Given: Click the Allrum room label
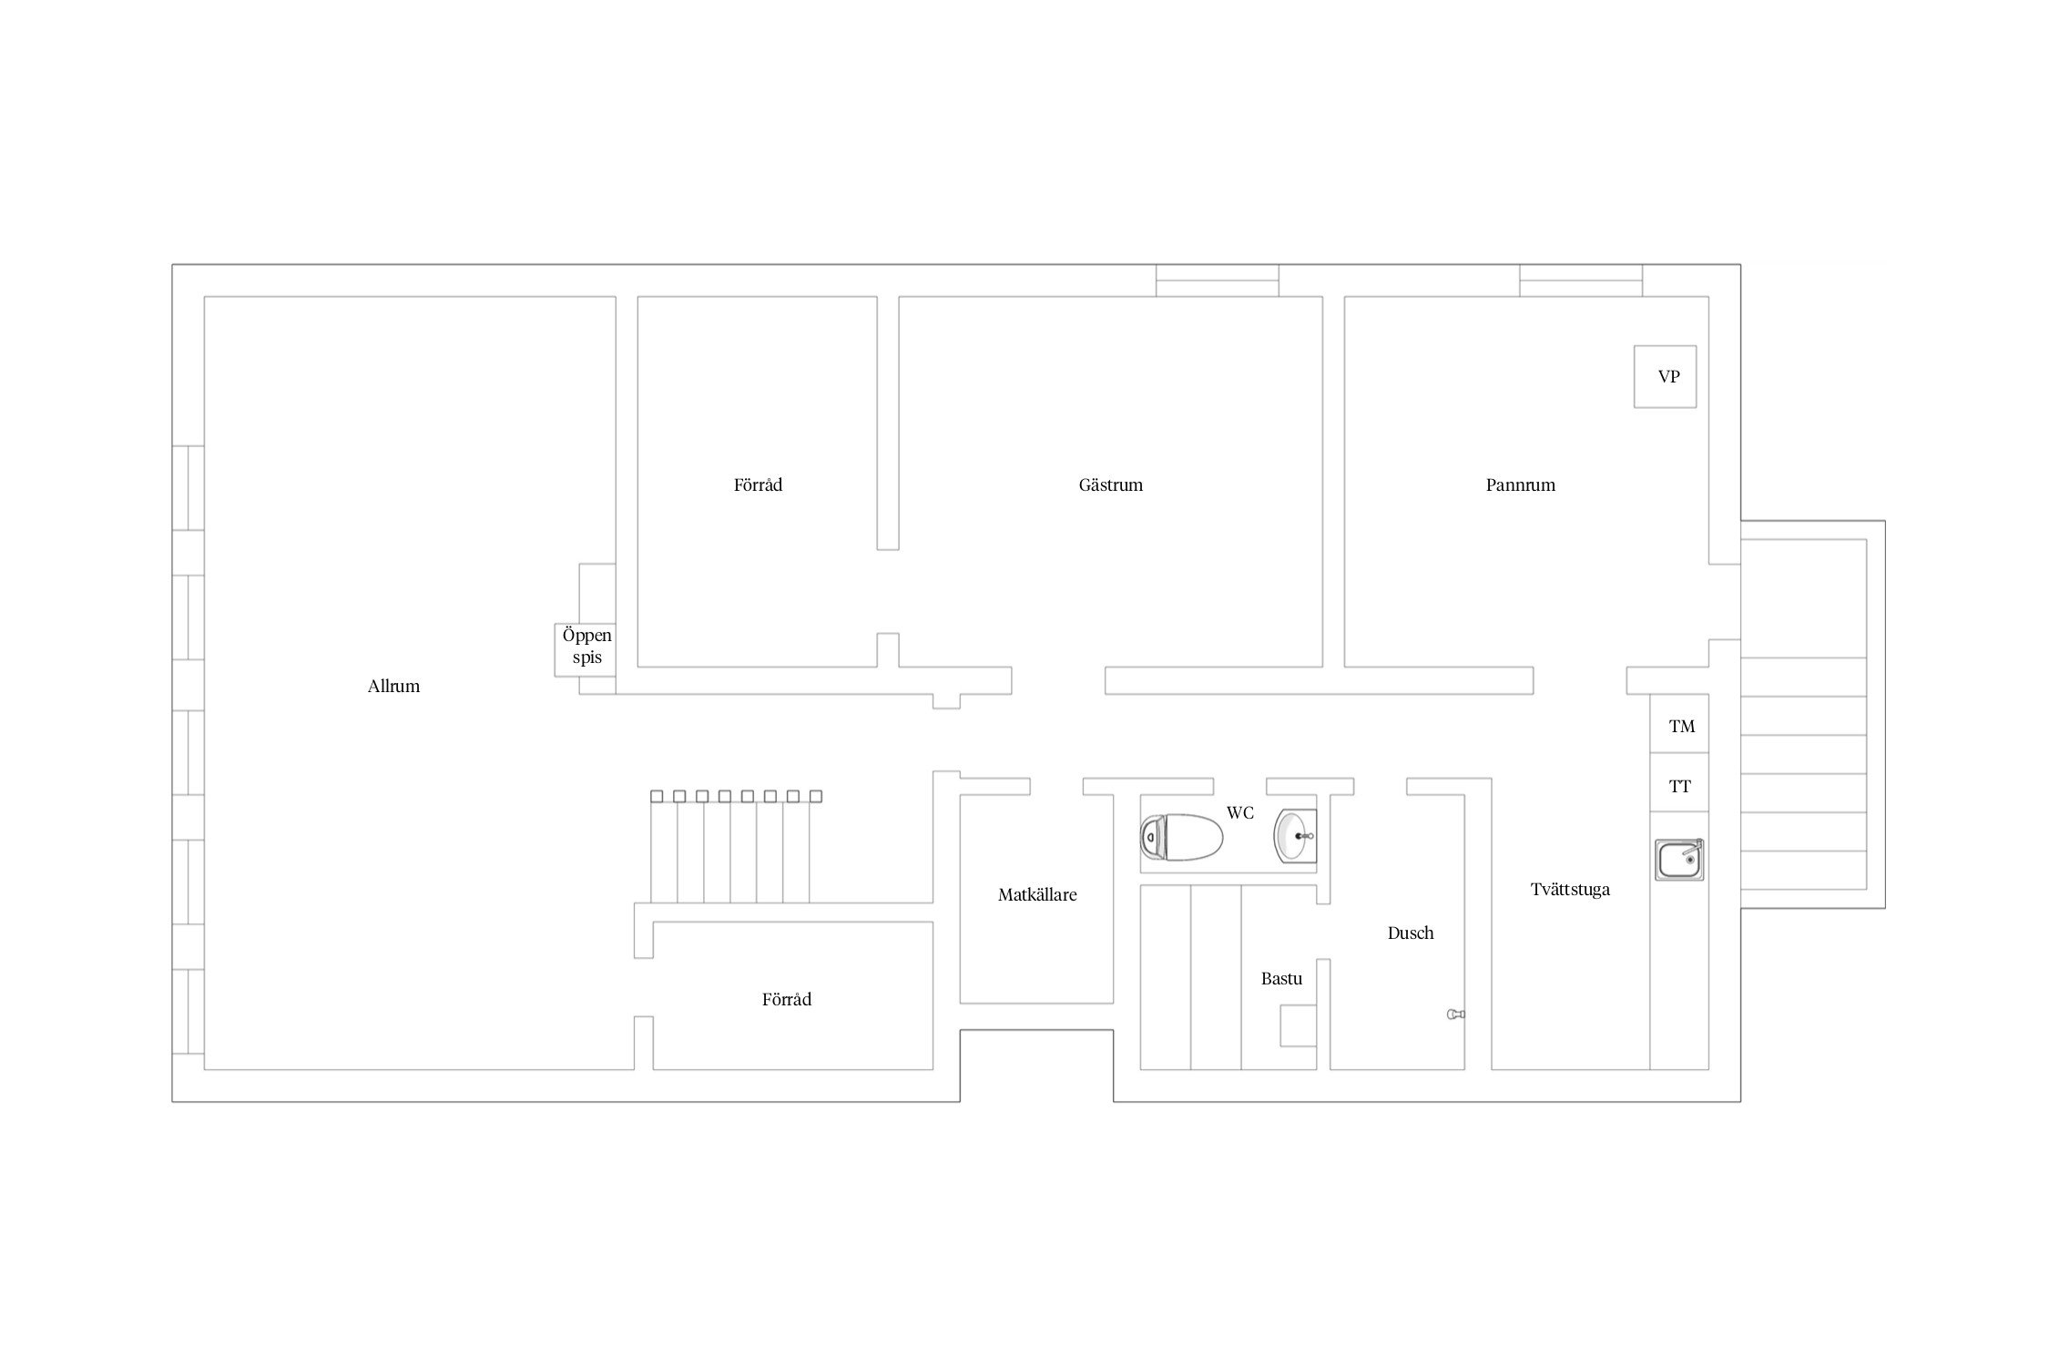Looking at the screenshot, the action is tap(393, 687).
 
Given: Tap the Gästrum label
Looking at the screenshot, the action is tap(1110, 484).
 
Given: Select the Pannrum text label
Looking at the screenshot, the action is tap(1520, 485).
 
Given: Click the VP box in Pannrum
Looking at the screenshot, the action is tap(1665, 376).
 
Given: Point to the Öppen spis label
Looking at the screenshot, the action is tap(586, 646).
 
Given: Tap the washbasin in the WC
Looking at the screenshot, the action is tap(1294, 835).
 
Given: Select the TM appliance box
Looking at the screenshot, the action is tap(1679, 724).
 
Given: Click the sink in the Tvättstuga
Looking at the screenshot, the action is tap(1679, 859).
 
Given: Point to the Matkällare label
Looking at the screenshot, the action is tap(1037, 895).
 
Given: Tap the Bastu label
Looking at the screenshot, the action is tap(1281, 979).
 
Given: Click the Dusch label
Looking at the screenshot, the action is tap(1411, 933).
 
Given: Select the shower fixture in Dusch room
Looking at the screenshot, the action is tap(1456, 1014).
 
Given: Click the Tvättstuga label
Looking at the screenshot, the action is tap(1570, 890).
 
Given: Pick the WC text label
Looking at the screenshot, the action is tap(1240, 812).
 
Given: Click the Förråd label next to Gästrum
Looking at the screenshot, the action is tap(758, 484).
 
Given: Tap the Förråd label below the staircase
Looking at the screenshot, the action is tap(786, 999).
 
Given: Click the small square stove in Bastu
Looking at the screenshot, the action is tap(1299, 1025).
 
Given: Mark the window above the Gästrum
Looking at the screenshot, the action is tap(1218, 280).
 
